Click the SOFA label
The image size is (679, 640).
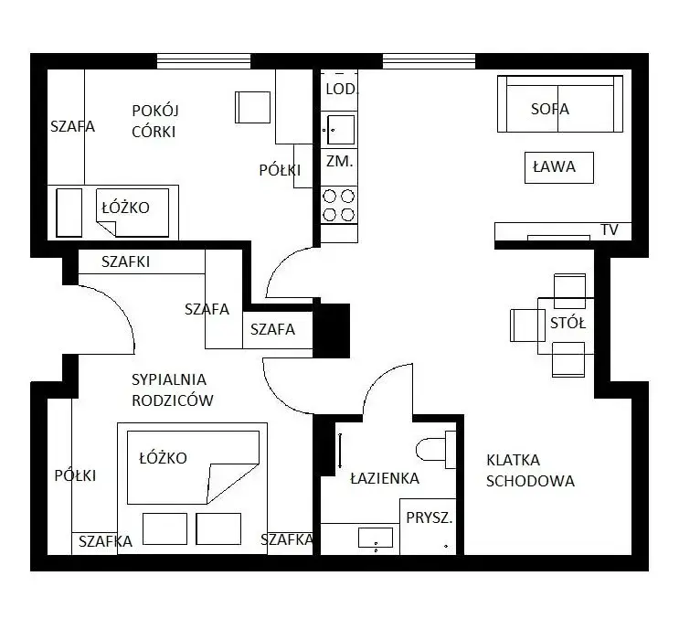(550, 109)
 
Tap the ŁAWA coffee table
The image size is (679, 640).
(559, 167)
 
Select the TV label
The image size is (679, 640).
(610, 229)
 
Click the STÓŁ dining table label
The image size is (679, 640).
(568, 323)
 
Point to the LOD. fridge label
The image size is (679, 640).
(342, 90)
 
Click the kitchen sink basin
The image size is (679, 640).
(341, 130)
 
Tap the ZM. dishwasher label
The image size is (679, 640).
(340, 161)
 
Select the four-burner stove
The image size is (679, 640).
(339, 205)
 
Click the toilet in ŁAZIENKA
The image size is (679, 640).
(436, 449)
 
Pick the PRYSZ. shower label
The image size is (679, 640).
(430, 517)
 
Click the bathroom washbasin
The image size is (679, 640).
(376, 538)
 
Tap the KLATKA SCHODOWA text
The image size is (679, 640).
(530, 470)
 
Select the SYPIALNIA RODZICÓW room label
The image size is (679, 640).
(173, 390)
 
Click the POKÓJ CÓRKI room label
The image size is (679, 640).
(155, 121)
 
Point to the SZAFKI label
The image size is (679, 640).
(125, 261)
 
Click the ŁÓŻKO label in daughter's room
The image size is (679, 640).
(125, 208)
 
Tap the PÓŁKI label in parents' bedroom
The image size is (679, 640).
(75, 475)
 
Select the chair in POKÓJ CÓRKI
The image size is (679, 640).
(253, 107)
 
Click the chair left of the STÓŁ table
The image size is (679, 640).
(527, 325)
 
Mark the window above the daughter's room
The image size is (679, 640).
(204, 61)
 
